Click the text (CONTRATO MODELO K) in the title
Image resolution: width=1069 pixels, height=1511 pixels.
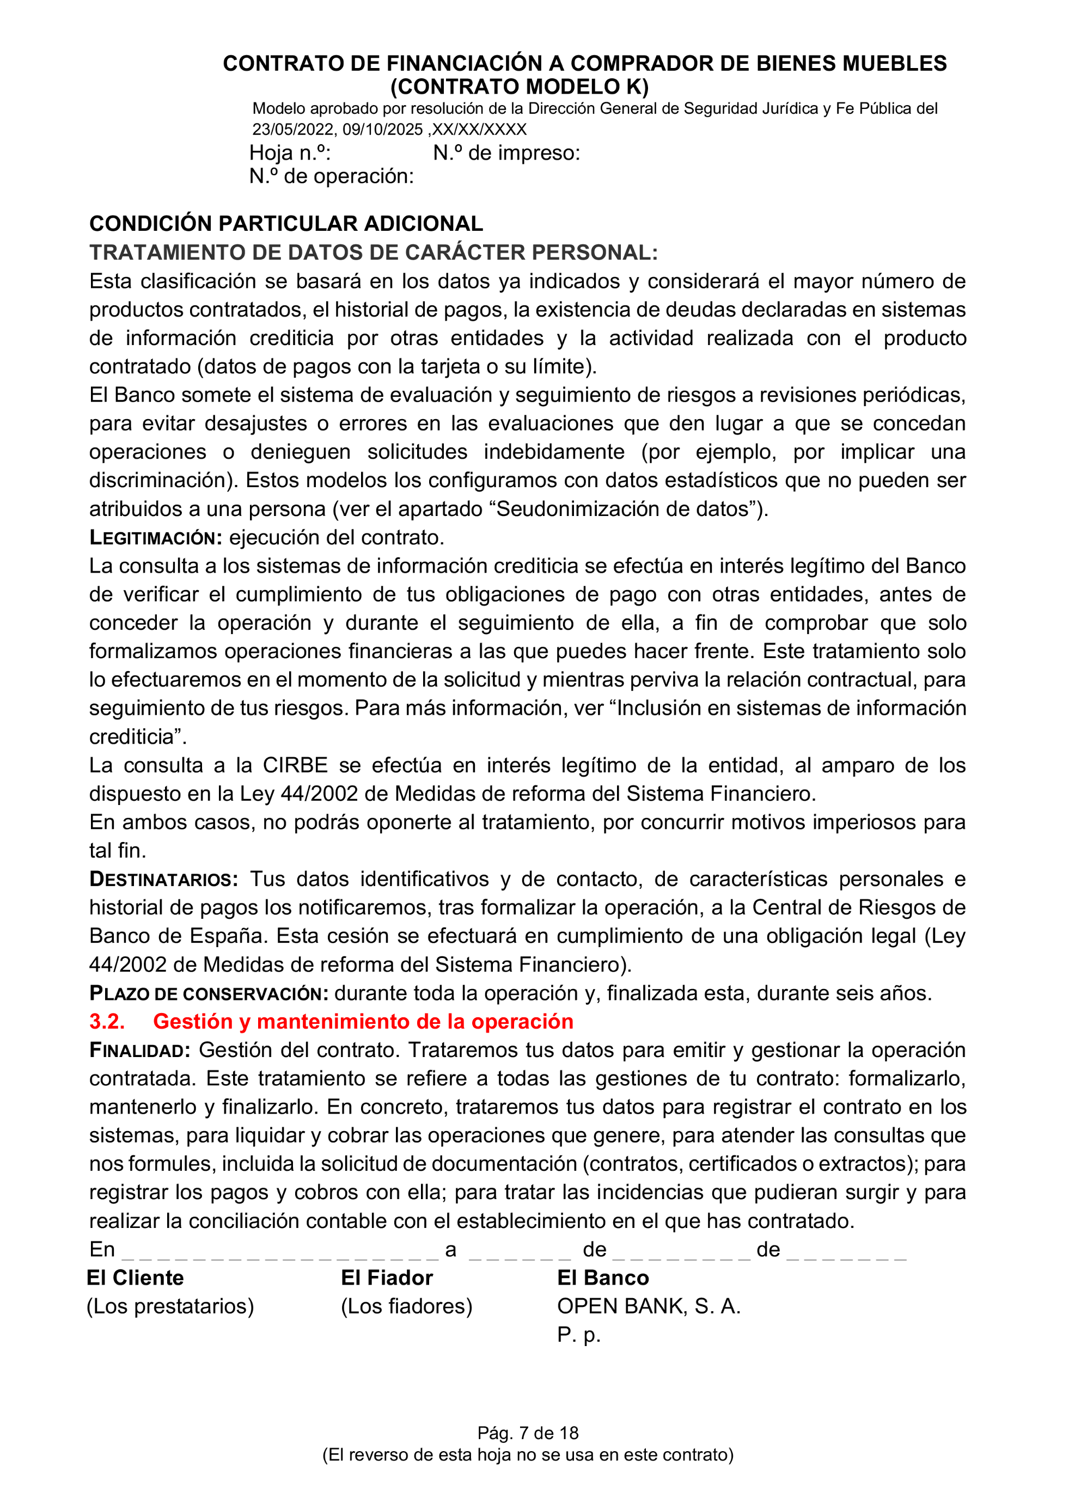coord(520,87)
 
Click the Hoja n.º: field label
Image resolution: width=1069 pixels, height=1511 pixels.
coord(290,153)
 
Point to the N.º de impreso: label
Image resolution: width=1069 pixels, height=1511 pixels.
coord(506,153)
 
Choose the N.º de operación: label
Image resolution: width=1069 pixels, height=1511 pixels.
coord(331,176)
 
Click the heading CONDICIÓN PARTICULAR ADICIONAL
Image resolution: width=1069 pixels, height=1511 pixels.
coord(286,224)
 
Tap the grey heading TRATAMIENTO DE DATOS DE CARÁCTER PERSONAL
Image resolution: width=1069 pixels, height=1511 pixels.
coord(373,253)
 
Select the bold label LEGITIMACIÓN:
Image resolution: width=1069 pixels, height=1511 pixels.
coord(156,538)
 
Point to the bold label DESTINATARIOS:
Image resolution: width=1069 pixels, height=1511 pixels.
coord(163,879)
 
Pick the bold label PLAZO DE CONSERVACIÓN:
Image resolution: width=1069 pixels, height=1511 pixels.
coord(209,993)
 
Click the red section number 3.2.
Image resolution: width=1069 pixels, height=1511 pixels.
coord(107,1021)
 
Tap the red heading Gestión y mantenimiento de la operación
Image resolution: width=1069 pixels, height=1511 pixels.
coord(363,1021)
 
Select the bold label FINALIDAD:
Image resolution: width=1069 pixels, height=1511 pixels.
coord(139,1051)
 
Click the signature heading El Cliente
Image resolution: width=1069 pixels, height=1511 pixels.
coord(136,1278)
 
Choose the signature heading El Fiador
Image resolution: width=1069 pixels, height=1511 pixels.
coord(387,1278)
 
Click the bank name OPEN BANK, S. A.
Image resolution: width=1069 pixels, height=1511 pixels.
coord(649,1306)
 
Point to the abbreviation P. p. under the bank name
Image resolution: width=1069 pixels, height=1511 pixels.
coord(578,1335)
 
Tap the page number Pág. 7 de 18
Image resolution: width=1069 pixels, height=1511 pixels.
coord(528,1433)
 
